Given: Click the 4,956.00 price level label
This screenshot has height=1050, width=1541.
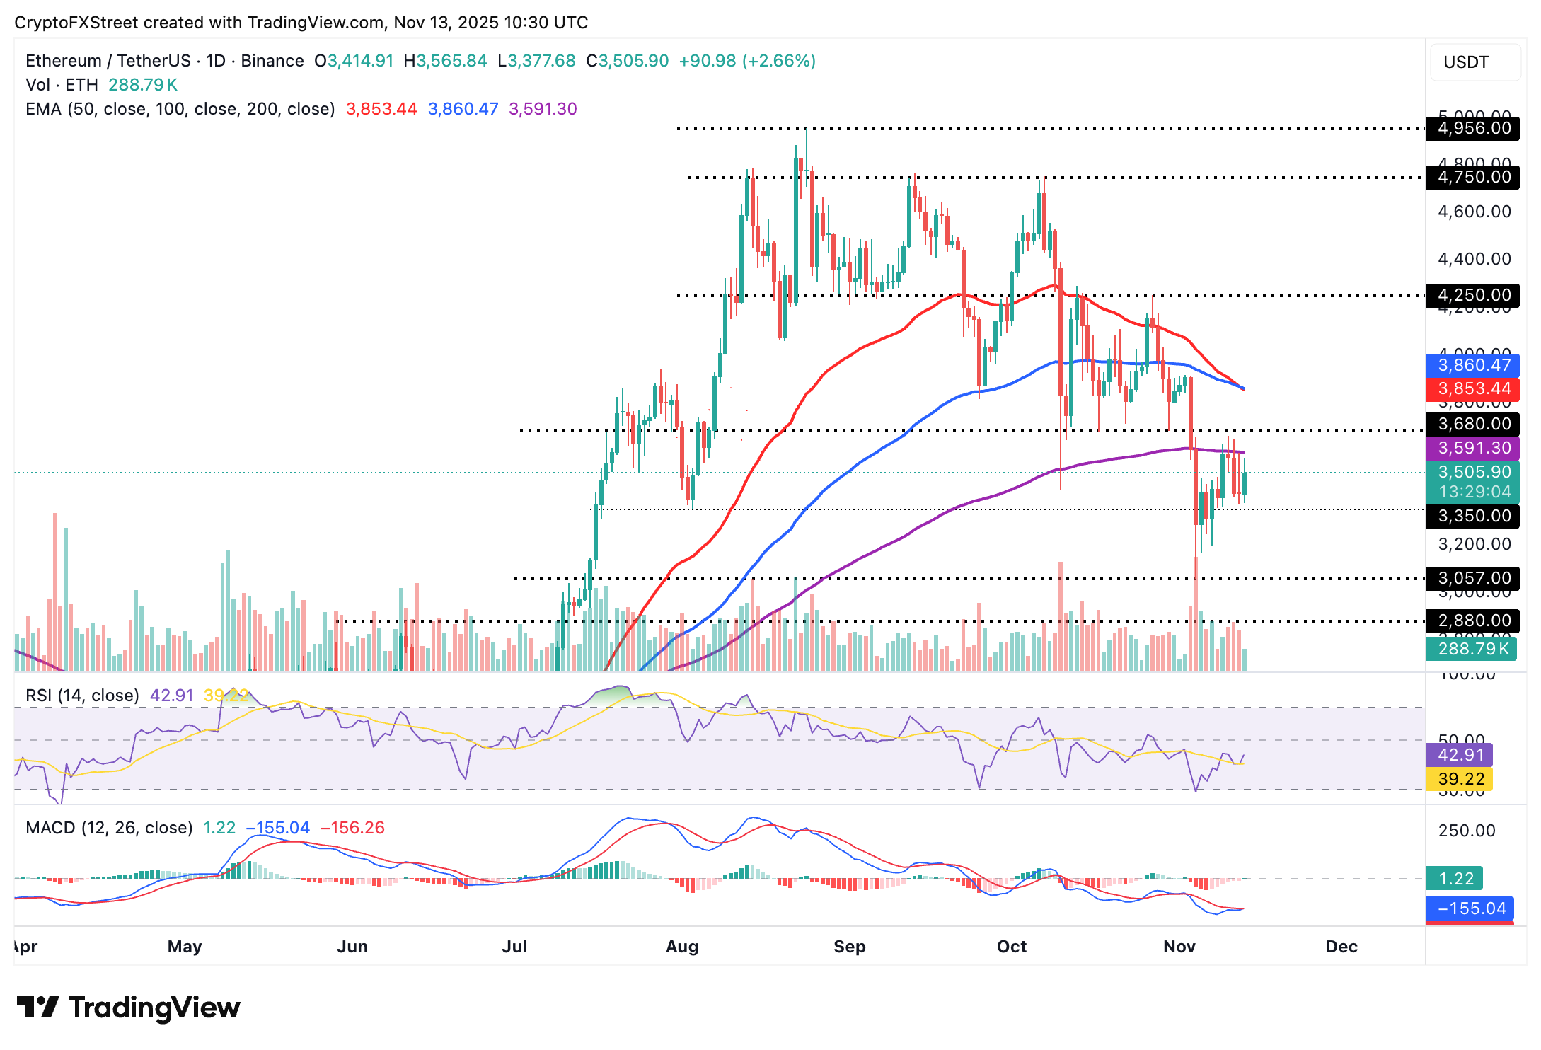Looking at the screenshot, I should (x=1474, y=128).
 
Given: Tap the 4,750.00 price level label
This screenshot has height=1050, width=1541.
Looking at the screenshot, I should (x=1474, y=177).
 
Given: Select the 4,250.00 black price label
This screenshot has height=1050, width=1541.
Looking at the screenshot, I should (x=1474, y=295).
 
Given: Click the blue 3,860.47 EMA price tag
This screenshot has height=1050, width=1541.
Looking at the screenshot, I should (x=1474, y=365).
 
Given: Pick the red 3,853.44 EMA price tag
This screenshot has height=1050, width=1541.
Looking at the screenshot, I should (x=1474, y=388).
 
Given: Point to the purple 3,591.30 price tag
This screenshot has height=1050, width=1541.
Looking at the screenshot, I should (x=1474, y=448).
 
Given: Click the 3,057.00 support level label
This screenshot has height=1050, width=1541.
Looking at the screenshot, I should (x=1474, y=578).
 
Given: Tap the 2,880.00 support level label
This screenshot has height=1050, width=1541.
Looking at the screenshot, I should (x=1474, y=621).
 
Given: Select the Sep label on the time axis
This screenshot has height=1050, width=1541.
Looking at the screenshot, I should (x=849, y=947).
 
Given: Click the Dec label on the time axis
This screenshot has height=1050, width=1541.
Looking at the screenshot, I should (x=1341, y=947).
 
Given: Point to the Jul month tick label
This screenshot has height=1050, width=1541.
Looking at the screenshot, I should (x=514, y=947).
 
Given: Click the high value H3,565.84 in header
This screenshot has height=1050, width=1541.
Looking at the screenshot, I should (x=445, y=61).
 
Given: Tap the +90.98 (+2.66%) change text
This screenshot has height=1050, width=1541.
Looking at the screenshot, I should (x=747, y=61).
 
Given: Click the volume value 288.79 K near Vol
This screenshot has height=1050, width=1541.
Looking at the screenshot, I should (x=143, y=85).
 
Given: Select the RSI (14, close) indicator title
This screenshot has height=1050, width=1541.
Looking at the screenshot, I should (x=82, y=696).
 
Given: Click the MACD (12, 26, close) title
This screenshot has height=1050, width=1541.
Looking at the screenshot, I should (x=109, y=828).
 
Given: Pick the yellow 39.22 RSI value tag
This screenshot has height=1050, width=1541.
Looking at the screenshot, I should (x=1460, y=779).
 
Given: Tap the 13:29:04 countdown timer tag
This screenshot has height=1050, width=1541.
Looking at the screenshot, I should (x=1474, y=492).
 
